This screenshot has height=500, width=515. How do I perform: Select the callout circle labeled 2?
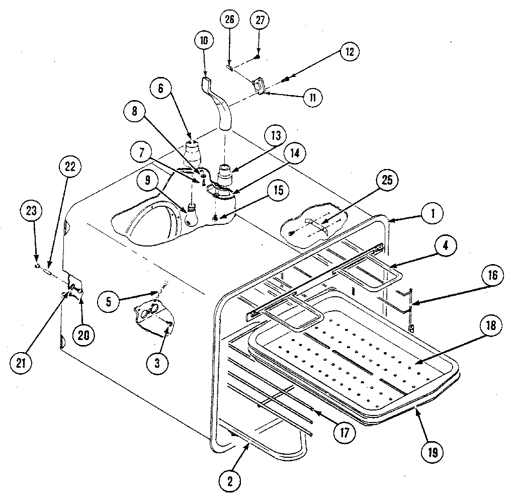point(229,480)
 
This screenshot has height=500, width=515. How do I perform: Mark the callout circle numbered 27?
point(260,21)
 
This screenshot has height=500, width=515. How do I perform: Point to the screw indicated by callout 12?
point(286,77)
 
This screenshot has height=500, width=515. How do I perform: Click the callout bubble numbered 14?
point(294,154)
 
